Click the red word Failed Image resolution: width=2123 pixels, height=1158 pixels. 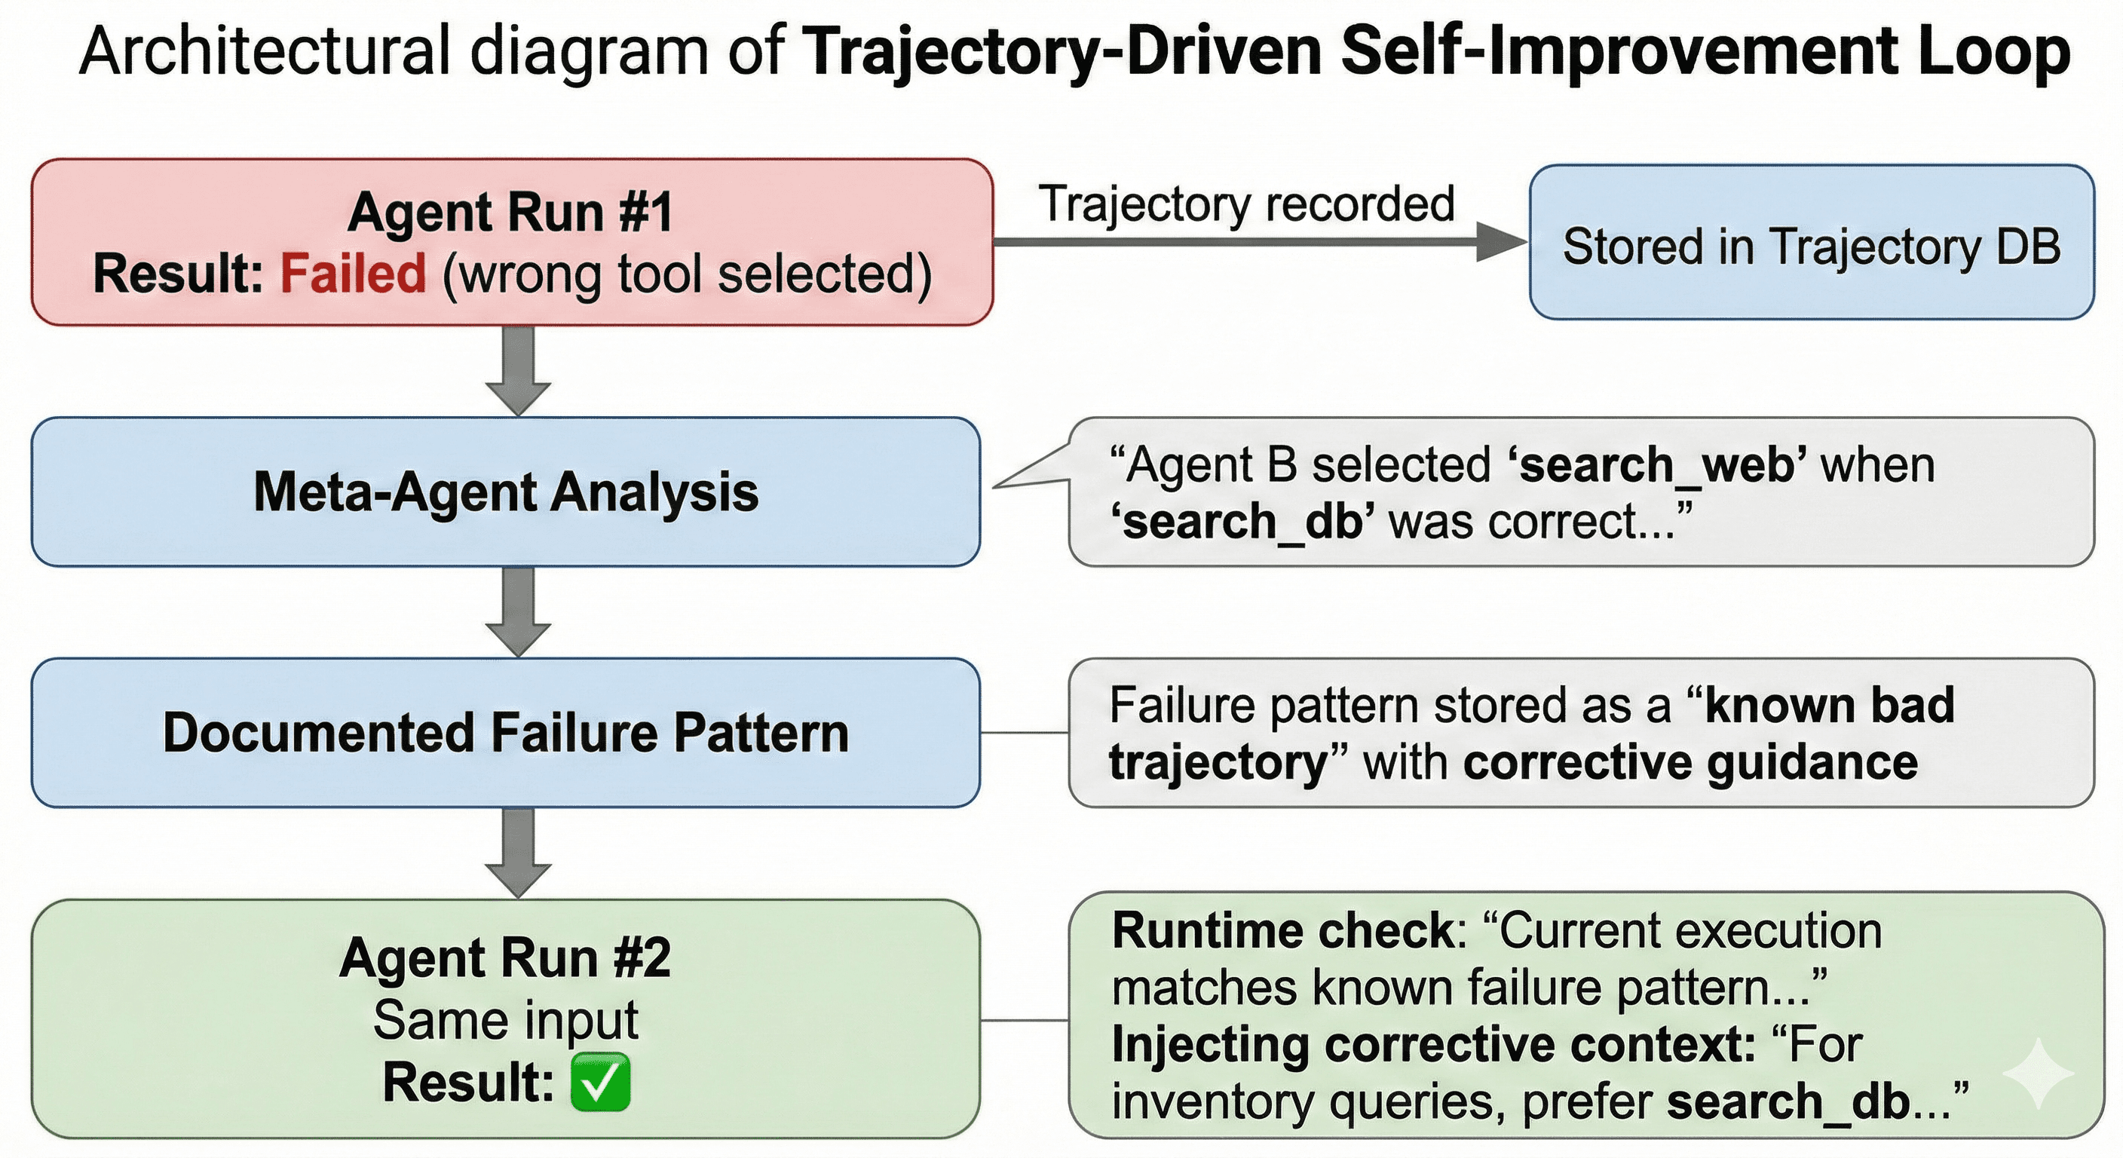pos(353,274)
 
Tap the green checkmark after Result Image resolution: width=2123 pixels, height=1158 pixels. pos(600,1082)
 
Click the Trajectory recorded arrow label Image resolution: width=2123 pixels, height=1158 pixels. pos(1246,204)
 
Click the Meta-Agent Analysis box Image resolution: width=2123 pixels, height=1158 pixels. pos(505,492)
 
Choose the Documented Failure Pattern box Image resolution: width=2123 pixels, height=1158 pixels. pos(505,732)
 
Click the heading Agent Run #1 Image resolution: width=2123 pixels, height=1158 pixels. pos(510,213)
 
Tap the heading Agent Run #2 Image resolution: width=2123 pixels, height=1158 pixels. pos(505,958)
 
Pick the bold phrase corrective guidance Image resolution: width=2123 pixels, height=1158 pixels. pos(1690,762)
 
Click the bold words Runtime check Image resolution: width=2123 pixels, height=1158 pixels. pos(1283,931)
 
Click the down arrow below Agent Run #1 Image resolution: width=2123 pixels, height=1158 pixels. pos(518,371)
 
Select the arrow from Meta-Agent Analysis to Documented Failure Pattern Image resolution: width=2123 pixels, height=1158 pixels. pos(518,611)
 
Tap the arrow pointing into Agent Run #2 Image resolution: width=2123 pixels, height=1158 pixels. pos(518,853)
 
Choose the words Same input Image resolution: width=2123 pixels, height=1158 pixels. pos(505,1020)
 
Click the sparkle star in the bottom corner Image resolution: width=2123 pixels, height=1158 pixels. pos(2038,1072)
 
